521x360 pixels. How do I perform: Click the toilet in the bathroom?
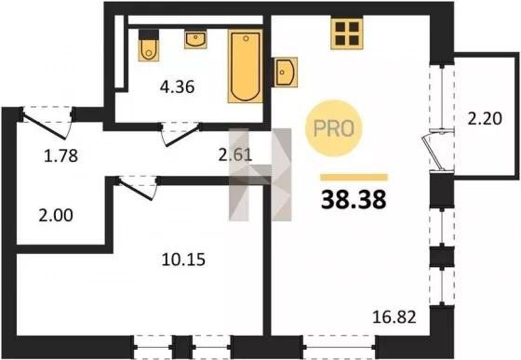[x=149, y=46]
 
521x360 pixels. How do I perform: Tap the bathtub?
[x=246, y=66]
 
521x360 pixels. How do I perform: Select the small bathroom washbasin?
[x=195, y=39]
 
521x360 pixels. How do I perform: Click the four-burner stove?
[x=347, y=33]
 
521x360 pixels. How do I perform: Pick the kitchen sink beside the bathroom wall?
[x=285, y=72]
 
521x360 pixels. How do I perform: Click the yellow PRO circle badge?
[x=333, y=128]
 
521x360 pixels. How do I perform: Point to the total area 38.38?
[x=354, y=200]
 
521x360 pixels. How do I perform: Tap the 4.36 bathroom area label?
[x=177, y=87]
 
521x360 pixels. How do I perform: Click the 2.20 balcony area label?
[x=485, y=118]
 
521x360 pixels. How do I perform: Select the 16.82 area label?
[x=394, y=317]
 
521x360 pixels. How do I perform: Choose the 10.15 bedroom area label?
[x=183, y=260]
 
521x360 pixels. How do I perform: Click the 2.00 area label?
[x=56, y=215]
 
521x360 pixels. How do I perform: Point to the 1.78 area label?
[x=60, y=155]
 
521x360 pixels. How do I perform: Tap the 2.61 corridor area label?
[x=235, y=154]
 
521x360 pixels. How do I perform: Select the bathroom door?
[x=181, y=134]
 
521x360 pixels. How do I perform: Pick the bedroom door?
[x=137, y=188]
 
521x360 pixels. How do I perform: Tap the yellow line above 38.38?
[x=354, y=178]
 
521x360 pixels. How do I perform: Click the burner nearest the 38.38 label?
[x=354, y=41]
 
